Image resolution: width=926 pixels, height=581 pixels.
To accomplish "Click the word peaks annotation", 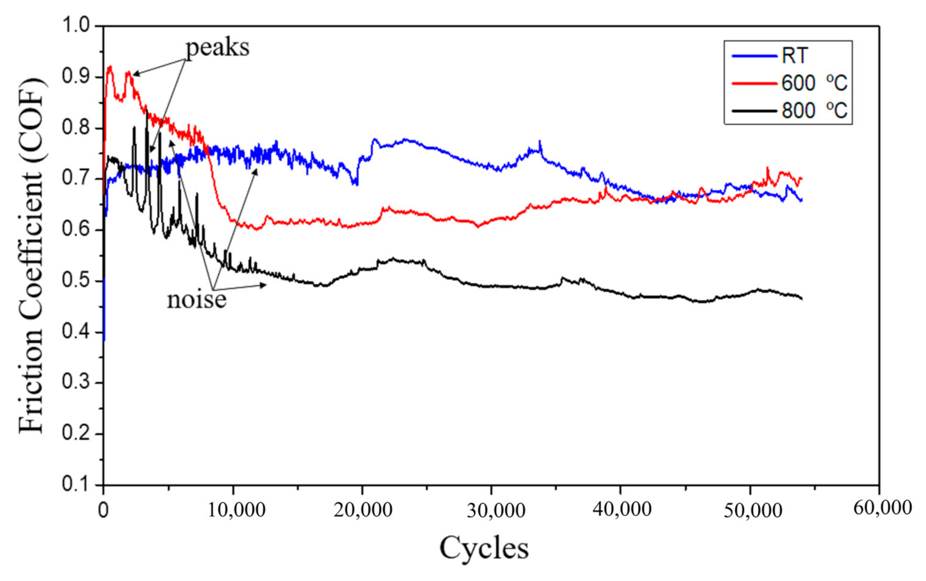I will [x=218, y=48].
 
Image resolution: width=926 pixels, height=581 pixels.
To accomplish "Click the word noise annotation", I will [x=196, y=300].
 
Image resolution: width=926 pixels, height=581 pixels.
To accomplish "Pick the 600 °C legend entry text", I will [x=814, y=83].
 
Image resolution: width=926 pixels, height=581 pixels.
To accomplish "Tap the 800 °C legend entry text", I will [x=814, y=111].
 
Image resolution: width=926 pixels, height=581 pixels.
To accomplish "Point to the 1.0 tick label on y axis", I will [x=76, y=26].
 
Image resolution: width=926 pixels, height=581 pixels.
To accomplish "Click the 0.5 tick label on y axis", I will [x=76, y=281].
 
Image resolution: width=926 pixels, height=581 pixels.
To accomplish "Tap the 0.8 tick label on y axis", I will [x=76, y=128].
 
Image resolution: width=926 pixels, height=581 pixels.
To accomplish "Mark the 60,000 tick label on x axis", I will [x=883, y=508].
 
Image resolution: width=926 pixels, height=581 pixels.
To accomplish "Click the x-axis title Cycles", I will [x=484, y=547].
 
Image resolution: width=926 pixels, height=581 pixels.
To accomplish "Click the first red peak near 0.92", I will [x=110, y=67].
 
